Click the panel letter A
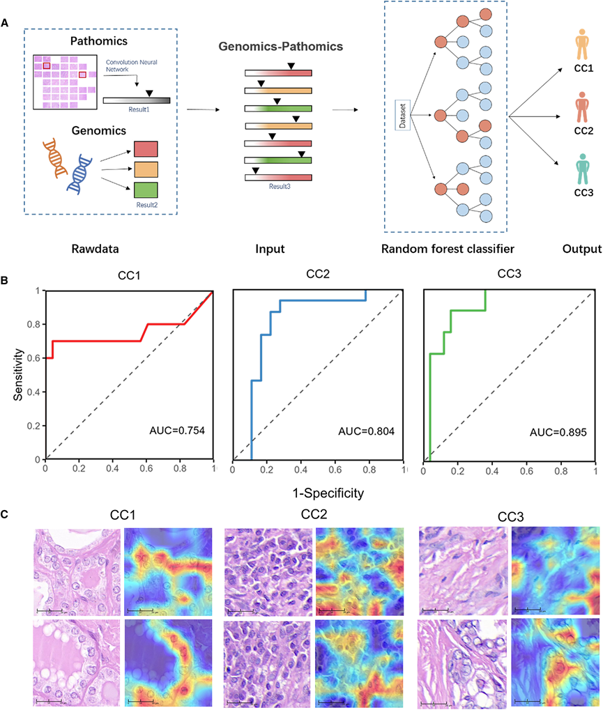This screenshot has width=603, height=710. [x=6, y=23]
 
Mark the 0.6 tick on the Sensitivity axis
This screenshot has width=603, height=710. [x=32, y=358]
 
